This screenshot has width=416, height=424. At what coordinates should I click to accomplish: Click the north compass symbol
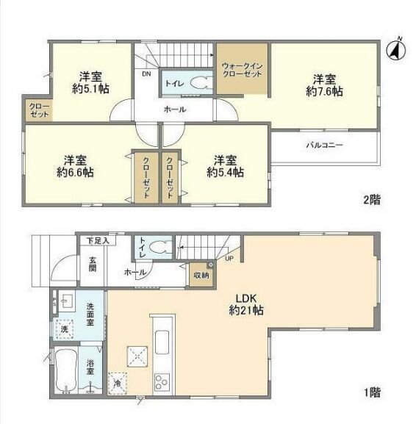(x=396, y=50)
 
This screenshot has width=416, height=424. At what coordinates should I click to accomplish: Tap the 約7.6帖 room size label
(x=324, y=91)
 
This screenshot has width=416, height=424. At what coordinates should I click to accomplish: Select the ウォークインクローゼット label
(x=242, y=70)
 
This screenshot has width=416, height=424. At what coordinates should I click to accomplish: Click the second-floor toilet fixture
(x=199, y=83)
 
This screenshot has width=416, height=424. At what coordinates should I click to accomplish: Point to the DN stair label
(x=146, y=73)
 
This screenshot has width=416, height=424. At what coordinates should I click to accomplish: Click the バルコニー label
(x=325, y=145)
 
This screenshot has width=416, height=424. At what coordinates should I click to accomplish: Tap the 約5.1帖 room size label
(x=90, y=88)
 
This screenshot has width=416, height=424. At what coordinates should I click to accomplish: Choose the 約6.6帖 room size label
(x=75, y=172)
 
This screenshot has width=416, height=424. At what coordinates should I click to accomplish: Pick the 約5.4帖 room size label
(x=226, y=172)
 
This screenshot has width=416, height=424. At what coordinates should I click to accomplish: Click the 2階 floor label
(x=372, y=200)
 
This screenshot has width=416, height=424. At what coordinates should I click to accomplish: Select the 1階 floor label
(x=372, y=392)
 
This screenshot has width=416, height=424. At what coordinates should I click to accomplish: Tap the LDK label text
(x=246, y=298)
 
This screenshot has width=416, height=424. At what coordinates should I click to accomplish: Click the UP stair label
(x=229, y=259)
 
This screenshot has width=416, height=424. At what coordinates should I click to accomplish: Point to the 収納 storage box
(x=201, y=275)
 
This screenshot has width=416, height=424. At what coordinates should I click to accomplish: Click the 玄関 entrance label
(x=93, y=265)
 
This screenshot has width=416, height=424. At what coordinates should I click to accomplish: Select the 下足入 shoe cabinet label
(x=98, y=241)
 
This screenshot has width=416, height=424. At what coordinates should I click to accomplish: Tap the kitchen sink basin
(x=162, y=342)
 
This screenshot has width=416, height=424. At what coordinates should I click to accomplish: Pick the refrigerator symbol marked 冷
(x=118, y=384)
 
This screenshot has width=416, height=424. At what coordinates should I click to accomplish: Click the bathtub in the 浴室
(x=66, y=370)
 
